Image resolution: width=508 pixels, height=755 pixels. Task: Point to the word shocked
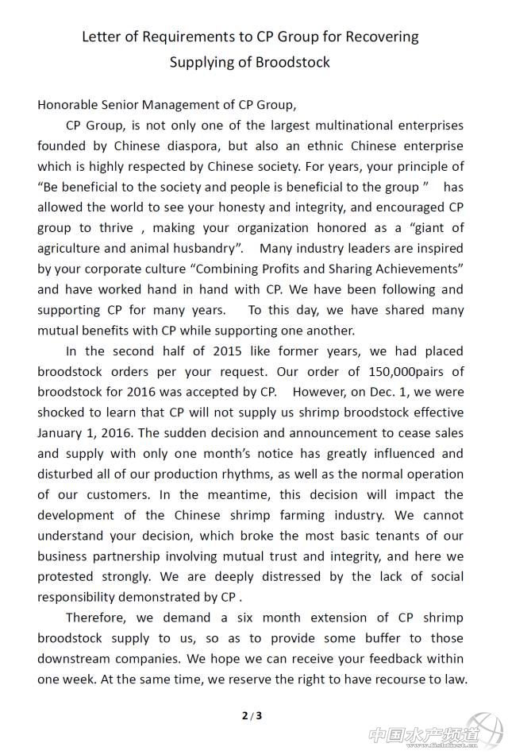[64, 412]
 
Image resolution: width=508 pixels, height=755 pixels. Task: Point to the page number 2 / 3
[252, 715]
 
